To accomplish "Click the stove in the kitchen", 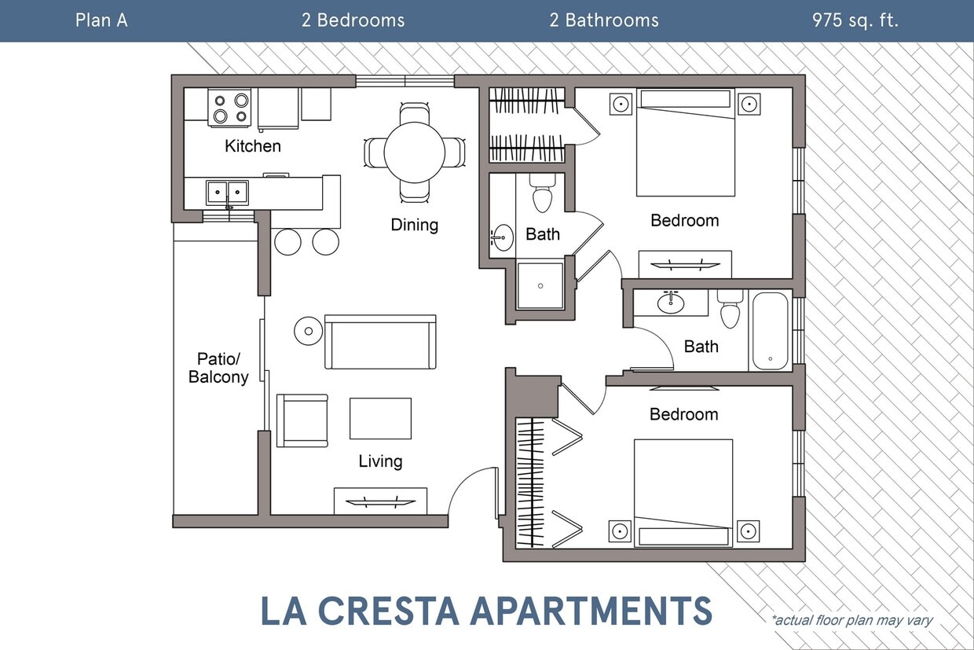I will coord(229,108).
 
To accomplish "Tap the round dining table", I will coord(414,152).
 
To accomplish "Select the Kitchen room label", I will coord(252,146).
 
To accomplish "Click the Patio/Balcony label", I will coord(218,368).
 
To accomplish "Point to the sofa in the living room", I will coord(380,343).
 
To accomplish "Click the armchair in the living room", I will coord(302,420).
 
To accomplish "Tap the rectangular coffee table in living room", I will coord(380,418).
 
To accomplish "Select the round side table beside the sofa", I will coord(308,331).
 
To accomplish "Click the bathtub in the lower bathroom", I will coord(770,331).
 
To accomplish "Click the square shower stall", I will coord(540,285).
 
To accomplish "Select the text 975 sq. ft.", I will coord(855,20).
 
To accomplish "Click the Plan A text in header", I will coord(101,20).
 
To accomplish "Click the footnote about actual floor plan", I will coord(852,620).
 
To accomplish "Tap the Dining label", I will coord(414,225).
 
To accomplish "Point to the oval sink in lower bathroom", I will coord(671,303).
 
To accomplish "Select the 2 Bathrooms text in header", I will coord(604,20).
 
